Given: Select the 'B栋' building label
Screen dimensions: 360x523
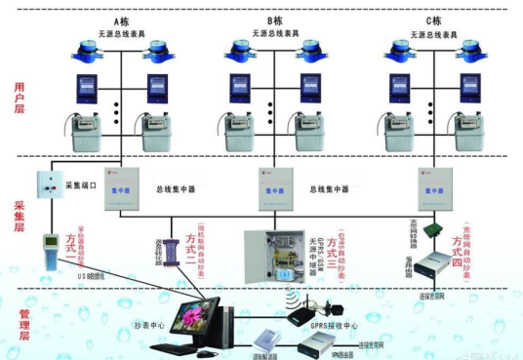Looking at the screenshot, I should point(274,19).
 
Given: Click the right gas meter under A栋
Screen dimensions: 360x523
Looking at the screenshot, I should point(156,131).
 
